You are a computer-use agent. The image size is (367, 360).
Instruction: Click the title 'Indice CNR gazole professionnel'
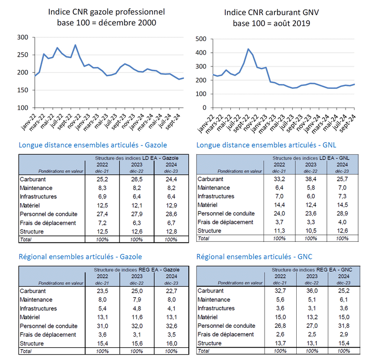coord(106,11)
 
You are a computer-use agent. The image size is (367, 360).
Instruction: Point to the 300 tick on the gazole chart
coord(22,37)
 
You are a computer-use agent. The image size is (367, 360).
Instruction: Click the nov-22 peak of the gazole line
coord(75,45)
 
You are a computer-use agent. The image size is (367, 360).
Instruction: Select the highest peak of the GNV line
coord(248,49)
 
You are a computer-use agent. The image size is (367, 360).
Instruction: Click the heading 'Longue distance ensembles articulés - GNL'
coord(266,145)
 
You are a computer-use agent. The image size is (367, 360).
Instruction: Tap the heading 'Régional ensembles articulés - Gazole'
coord(85,256)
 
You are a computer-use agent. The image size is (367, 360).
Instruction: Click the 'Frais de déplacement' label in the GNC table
coord(225,334)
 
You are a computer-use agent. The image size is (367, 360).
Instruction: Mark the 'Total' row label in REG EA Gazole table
coord(26,351)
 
